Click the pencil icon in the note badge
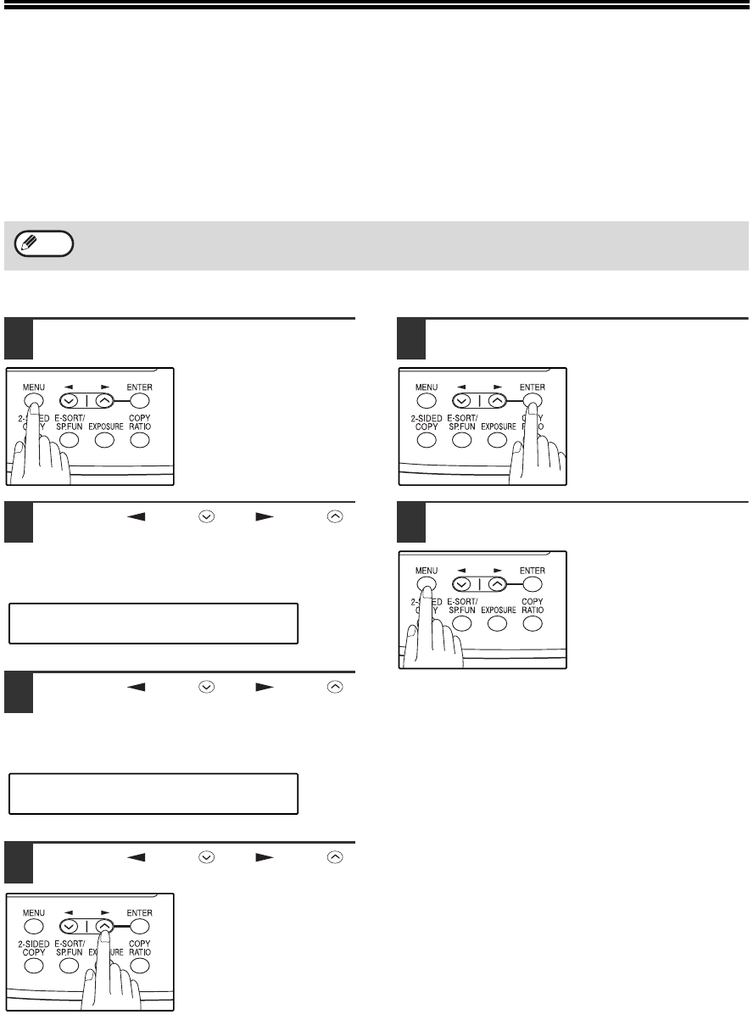29,242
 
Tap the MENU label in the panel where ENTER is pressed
427,387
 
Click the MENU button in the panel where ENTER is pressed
427,401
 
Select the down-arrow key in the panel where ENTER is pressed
462,401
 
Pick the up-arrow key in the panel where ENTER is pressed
497,401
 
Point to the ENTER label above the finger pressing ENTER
533,387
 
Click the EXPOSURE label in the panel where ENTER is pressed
499,426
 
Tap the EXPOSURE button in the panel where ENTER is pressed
497,440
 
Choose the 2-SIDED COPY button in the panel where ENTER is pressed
427,440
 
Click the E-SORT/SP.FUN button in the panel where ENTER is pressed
462,440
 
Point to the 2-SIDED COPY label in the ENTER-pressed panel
427,422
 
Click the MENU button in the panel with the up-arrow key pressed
34,927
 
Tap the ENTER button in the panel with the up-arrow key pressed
140,927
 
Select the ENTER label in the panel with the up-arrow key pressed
139,913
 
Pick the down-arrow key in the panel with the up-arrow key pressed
69,927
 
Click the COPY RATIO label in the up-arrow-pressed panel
140,948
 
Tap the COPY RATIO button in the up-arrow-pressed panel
140,966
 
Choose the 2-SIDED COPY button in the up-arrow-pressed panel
34,966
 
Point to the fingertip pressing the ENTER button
533,406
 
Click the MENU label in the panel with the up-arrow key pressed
34,913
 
